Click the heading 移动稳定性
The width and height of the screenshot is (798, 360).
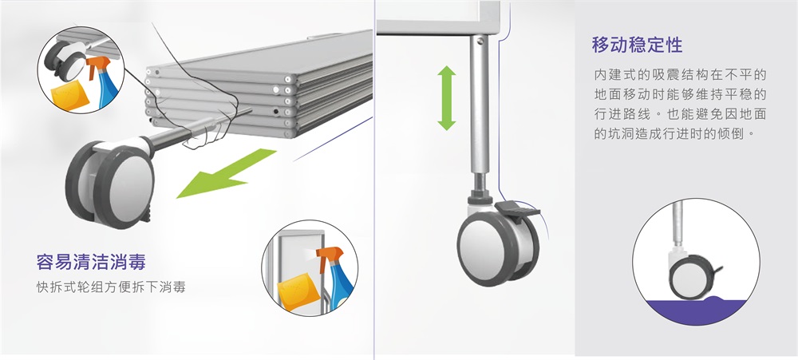(x=637, y=45)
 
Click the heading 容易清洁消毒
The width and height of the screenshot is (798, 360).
(x=91, y=263)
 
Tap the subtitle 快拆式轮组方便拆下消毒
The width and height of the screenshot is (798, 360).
(x=111, y=287)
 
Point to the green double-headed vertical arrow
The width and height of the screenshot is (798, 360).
(x=446, y=97)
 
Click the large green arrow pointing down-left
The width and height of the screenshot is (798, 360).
(x=226, y=172)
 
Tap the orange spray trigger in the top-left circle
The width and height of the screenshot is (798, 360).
(x=97, y=65)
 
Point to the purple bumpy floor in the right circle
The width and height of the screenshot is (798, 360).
(x=696, y=309)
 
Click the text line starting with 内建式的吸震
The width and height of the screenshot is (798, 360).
(x=680, y=74)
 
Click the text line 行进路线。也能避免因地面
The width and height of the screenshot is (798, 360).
(x=680, y=114)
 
